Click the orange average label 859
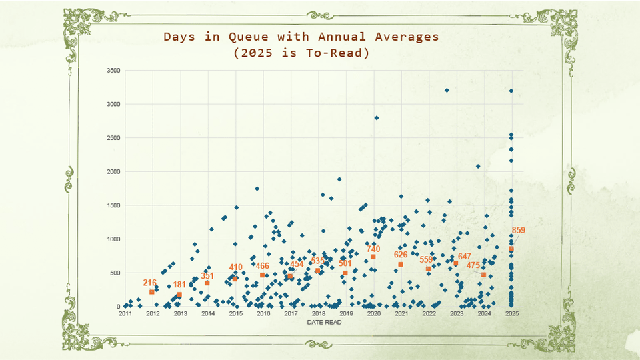[519, 231]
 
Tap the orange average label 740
[373, 249]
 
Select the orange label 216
[149, 283]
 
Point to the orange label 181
[179, 285]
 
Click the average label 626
[401, 255]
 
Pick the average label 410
[235, 267]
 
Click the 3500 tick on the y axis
[113, 71]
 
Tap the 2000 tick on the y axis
[113, 172]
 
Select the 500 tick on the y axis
[115, 273]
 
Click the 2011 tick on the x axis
[125, 313]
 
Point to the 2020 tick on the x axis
[373, 313]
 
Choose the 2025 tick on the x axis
[511, 313]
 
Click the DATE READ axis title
[325, 322]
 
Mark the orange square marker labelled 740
[373, 257]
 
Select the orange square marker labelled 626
[401, 265]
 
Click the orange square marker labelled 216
[152, 292]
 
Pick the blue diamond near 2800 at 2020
[376, 118]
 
